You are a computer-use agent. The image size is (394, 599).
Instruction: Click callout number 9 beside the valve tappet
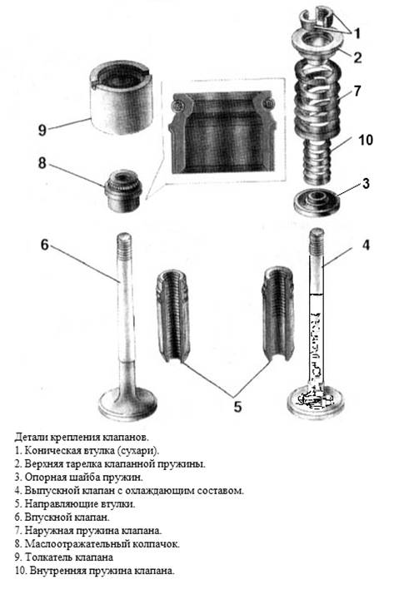pyautogui.click(x=42, y=130)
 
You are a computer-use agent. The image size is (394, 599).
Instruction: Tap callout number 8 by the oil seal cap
pyautogui.click(x=42, y=163)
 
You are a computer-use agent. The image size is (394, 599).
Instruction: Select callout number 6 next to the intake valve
pyautogui.click(x=45, y=245)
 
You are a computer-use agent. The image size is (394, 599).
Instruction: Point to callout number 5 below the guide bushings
pyautogui.click(x=237, y=407)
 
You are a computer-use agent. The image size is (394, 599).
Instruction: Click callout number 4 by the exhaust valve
pyautogui.click(x=366, y=245)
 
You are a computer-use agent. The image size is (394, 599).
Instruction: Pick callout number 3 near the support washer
pyautogui.click(x=366, y=183)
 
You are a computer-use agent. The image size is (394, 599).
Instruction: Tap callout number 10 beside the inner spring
pyautogui.click(x=366, y=140)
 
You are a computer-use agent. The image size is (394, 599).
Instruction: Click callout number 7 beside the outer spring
pyautogui.click(x=357, y=91)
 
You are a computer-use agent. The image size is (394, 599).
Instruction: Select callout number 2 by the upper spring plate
pyautogui.click(x=357, y=57)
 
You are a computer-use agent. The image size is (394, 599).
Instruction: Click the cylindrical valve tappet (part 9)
pyautogui.click(x=121, y=98)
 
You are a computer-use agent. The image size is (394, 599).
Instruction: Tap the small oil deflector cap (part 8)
pyautogui.click(x=123, y=191)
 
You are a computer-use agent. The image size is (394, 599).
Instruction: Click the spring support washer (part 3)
pyautogui.click(x=317, y=203)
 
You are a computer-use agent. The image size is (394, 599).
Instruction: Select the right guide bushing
pyautogui.click(x=278, y=314)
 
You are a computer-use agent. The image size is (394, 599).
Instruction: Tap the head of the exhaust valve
pyautogui.click(x=315, y=402)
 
